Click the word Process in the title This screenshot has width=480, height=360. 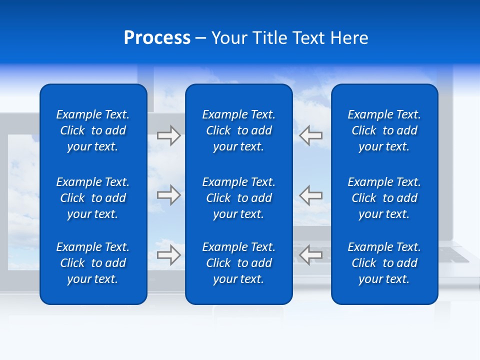pyautogui.click(x=157, y=38)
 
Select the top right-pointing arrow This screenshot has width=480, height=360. pyautogui.click(x=168, y=135)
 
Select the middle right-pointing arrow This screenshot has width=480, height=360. pyautogui.click(x=168, y=195)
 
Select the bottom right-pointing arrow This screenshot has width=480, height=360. pyautogui.click(x=168, y=254)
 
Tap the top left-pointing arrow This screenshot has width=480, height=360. pyautogui.click(x=311, y=135)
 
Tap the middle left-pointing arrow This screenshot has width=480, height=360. pyautogui.click(x=311, y=195)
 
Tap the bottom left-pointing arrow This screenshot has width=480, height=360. pyautogui.click(x=311, y=254)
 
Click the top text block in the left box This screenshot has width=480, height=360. pyautogui.click(x=93, y=130)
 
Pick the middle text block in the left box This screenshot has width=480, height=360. pyautogui.click(x=93, y=198)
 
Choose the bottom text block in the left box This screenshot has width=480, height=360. pyautogui.click(x=93, y=263)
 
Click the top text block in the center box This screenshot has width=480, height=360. pyautogui.click(x=238, y=130)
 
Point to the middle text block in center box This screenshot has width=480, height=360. pyautogui.click(x=238, y=198)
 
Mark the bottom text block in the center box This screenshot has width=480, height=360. pyautogui.click(x=238, y=263)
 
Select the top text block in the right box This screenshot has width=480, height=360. pyautogui.click(x=384, y=130)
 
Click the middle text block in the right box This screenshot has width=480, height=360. pyautogui.click(x=384, y=198)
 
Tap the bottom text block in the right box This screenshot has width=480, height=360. pyautogui.click(x=384, y=263)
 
